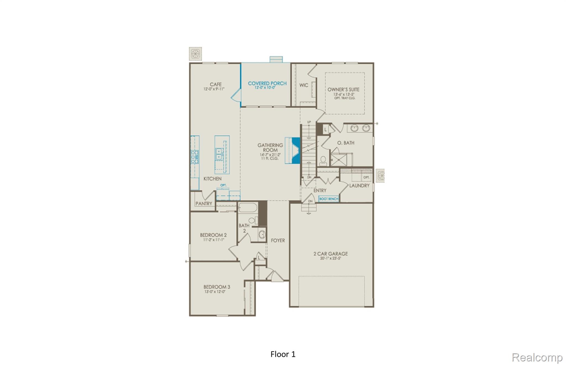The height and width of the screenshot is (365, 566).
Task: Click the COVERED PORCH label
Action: point(267,83)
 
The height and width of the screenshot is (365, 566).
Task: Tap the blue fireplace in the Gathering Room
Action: point(296,151)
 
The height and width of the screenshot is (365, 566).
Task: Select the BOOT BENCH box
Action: point(329,199)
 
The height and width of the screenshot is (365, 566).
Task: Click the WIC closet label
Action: point(303,85)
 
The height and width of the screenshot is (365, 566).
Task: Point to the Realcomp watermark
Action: point(537,357)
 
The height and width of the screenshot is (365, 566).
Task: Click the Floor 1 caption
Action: point(283,354)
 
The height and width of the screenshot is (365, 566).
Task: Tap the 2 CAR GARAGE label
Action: point(331,253)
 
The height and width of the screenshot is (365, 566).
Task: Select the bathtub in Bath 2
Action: point(248,208)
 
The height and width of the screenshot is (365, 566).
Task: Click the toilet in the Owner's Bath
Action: point(323,161)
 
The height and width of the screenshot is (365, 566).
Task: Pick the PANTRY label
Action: point(204,203)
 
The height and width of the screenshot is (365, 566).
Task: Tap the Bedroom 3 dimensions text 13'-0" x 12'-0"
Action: point(215,292)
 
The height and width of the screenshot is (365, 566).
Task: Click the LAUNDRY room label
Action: point(359,185)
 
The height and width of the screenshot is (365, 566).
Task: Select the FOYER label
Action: point(277,240)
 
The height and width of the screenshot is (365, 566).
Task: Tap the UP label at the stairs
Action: point(309,122)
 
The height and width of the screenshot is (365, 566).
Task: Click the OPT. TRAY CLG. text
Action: point(345,98)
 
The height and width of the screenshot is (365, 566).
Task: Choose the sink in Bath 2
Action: point(262,235)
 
